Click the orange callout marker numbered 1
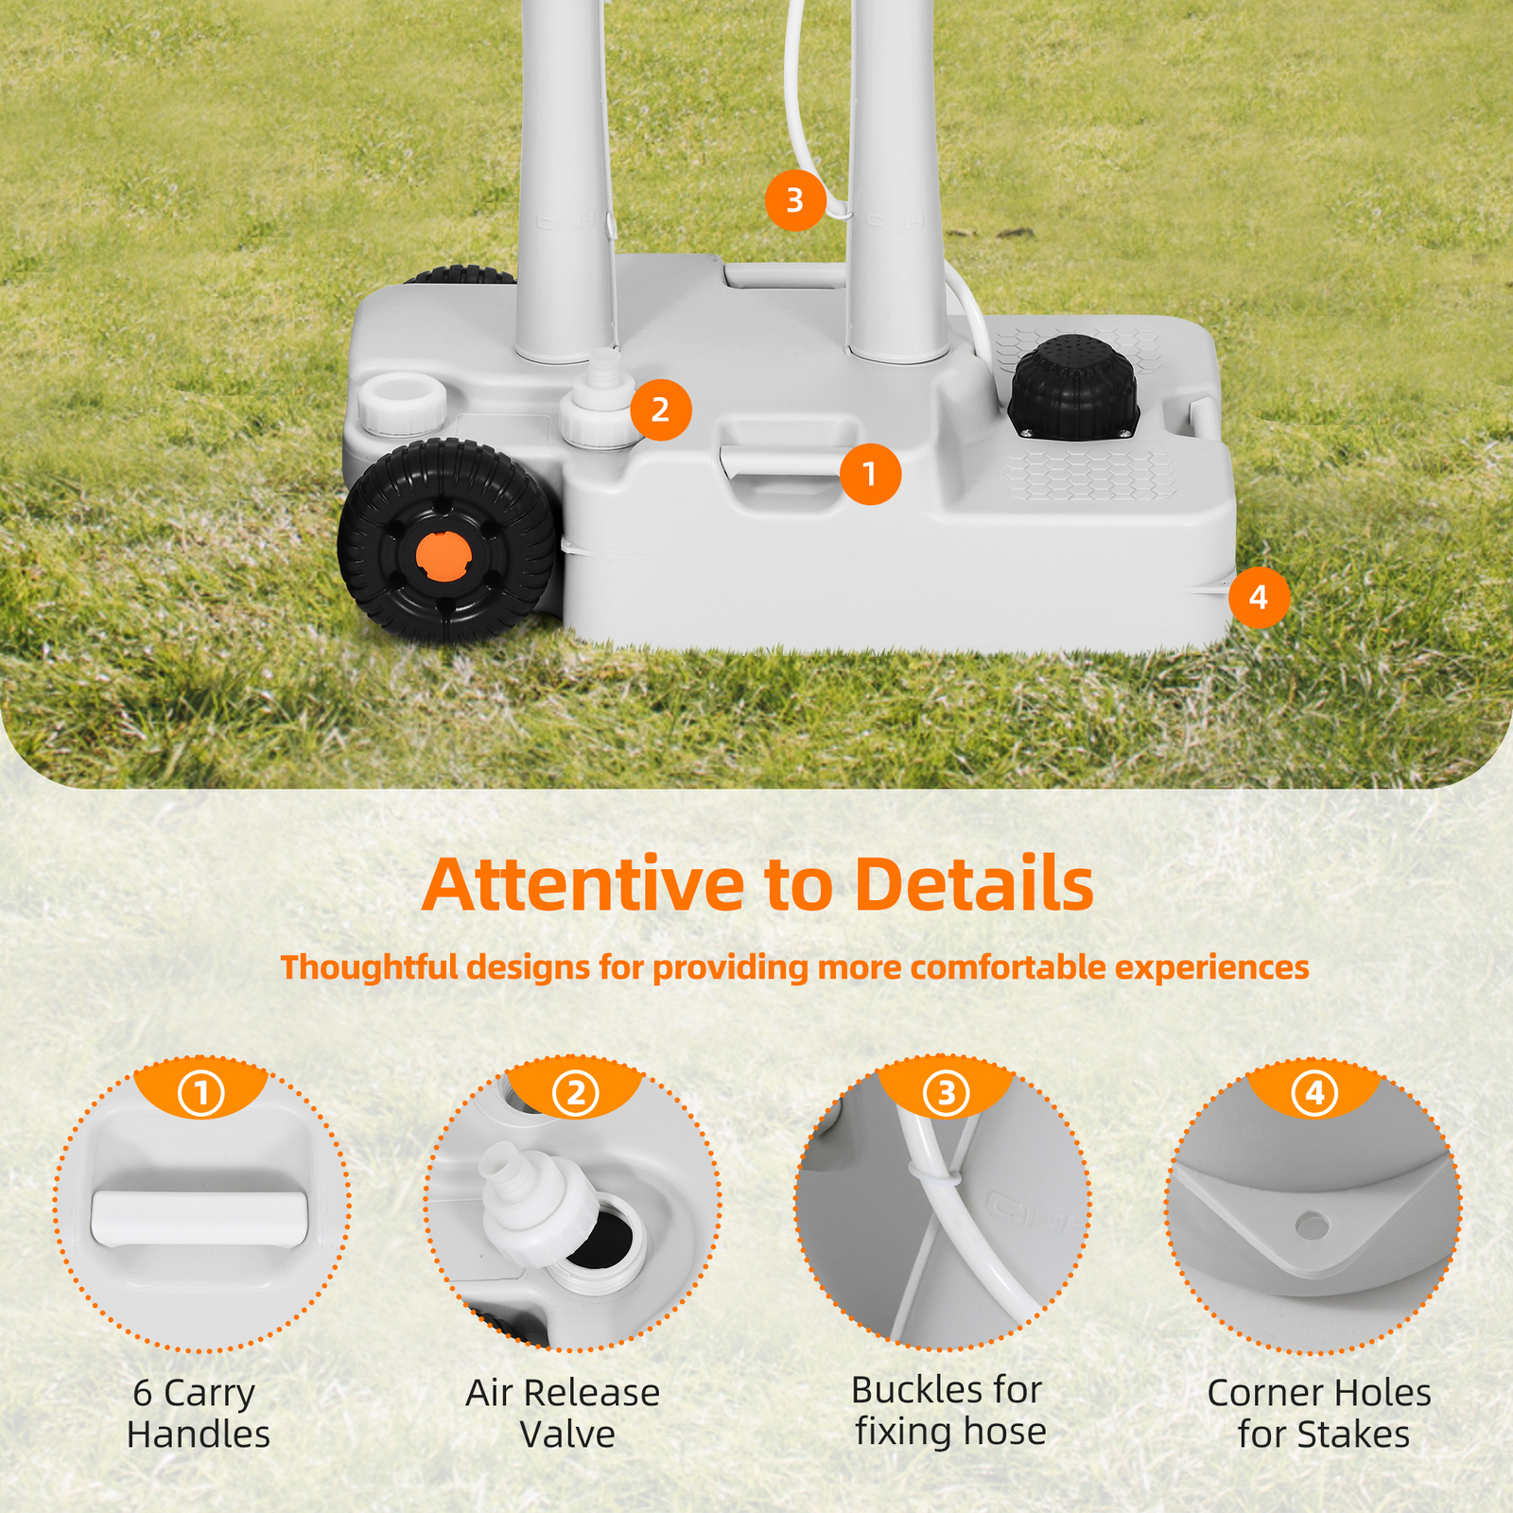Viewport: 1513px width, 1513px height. pos(870,474)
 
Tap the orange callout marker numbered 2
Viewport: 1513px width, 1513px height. pos(660,409)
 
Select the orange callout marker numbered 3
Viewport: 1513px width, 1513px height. pos(794,200)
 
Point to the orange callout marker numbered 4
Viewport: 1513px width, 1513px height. pos(1259,597)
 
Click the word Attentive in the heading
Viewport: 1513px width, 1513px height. pos(583,884)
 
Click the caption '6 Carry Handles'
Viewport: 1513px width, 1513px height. pos(199,1413)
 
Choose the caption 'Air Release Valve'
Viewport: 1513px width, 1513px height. pos(564,1413)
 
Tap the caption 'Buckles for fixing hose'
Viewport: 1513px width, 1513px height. pos(948,1410)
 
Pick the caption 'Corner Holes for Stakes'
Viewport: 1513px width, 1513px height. pos(1320,1413)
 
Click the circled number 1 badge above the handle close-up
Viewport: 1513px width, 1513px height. pos(201,1093)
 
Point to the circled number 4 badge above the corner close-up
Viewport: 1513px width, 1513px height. pos(1314,1093)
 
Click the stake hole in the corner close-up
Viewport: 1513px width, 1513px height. pos(1312,1226)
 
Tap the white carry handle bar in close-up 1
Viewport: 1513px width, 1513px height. pos(200,1217)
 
